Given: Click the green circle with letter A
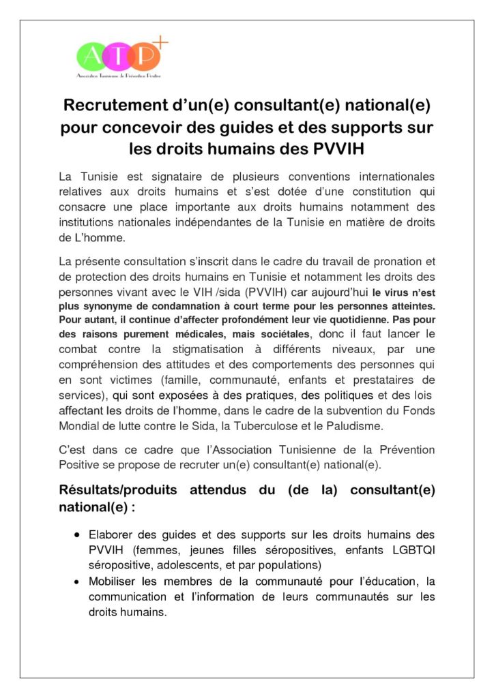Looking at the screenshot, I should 90,55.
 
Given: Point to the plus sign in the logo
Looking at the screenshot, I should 162,42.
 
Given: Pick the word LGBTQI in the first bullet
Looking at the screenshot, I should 410,550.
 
